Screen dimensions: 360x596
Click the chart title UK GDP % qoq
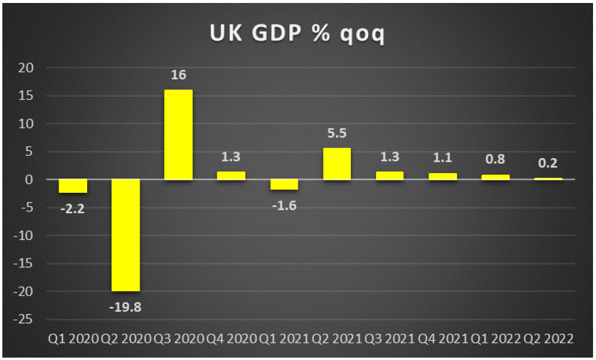coord(297,34)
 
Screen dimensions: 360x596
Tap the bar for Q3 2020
coord(178,134)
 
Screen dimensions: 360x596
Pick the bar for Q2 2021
coord(336,164)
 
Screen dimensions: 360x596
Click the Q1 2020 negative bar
coord(72,186)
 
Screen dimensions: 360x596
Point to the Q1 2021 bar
coord(284,184)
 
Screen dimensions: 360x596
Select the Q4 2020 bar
coord(231,176)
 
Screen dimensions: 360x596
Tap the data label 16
coord(178,75)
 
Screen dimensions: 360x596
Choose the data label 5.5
coord(336,134)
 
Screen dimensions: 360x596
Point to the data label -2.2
coord(72,209)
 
